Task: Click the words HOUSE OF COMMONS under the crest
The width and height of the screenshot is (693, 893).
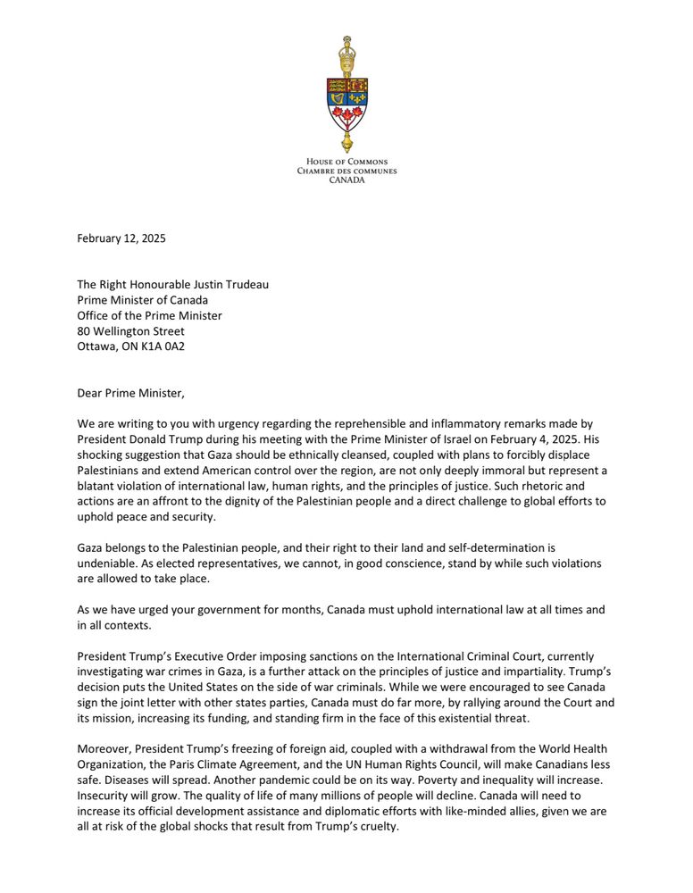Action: (347, 162)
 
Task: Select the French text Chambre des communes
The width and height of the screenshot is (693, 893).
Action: (347, 171)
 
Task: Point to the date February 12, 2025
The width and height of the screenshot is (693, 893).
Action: (121, 238)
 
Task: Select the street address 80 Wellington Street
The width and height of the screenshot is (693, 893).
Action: (131, 331)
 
